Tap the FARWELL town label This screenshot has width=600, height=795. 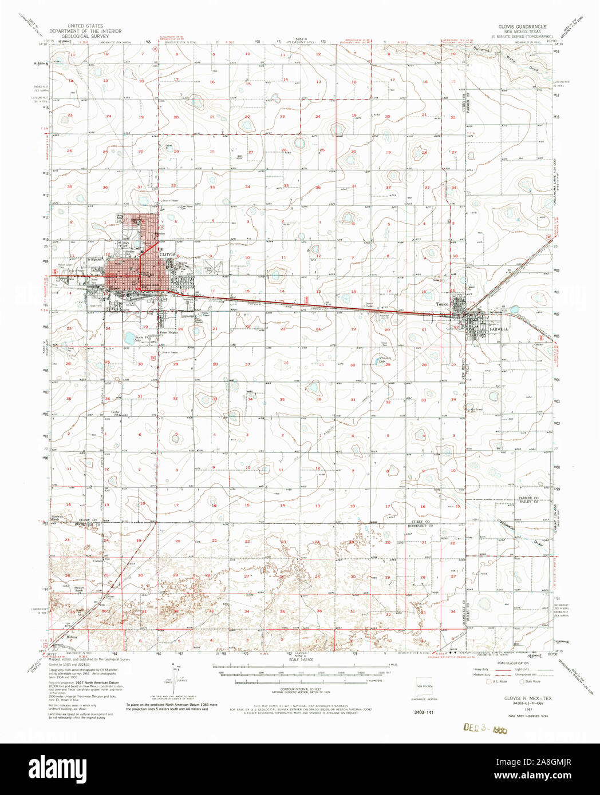click(498, 329)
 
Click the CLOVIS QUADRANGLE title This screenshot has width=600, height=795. click(523, 27)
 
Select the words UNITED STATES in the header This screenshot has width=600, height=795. click(85, 26)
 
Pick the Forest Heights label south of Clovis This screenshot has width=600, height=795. click(168, 332)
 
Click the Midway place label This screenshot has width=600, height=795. click(72, 636)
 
